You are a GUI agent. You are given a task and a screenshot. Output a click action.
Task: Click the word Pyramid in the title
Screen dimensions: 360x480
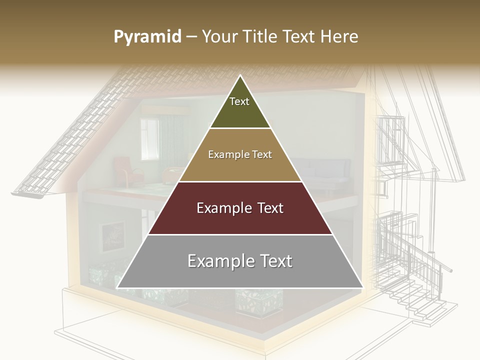[x=147, y=37]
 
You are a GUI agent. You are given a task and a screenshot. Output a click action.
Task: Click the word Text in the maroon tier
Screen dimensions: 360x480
[x=265, y=208]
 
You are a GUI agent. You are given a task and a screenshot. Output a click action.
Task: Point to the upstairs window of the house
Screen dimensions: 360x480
[x=149, y=139]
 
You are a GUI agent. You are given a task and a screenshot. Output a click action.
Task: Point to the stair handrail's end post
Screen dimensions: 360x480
[x=450, y=270]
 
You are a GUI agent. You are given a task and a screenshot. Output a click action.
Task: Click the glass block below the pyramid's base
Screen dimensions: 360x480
[x=258, y=302]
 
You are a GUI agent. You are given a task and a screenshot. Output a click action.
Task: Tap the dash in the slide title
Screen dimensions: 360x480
[x=191, y=37]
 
